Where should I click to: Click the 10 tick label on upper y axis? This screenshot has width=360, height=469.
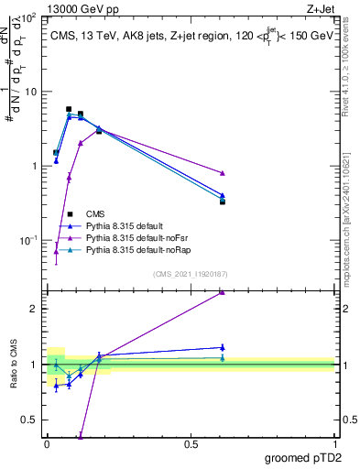pyautogui.click(x=30, y=92)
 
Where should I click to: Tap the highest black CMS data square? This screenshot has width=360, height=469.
pyautogui.click(x=69, y=109)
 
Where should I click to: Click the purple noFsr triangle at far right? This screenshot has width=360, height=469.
pyautogui.click(x=223, y=173)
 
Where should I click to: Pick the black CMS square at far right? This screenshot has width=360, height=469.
pyautogui.click(x=223, y=202)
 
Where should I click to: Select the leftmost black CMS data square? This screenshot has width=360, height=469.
pyautogui.click(x=56, y=153)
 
